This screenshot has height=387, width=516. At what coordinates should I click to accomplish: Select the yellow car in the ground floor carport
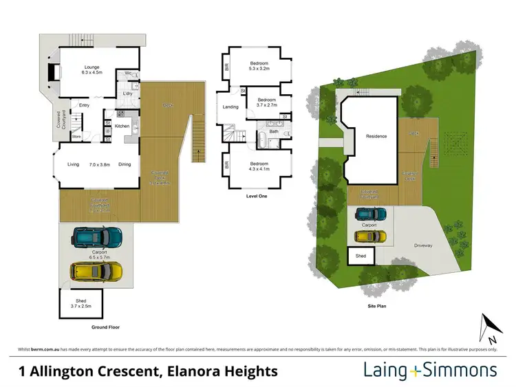click(97, 271)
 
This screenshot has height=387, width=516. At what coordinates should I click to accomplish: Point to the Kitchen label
click(122, 126)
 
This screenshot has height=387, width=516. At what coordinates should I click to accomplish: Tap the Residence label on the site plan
click(376, 136)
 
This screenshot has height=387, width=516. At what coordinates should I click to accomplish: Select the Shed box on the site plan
click(361, 256)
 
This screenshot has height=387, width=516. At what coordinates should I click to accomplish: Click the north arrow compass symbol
click(488, 328)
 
